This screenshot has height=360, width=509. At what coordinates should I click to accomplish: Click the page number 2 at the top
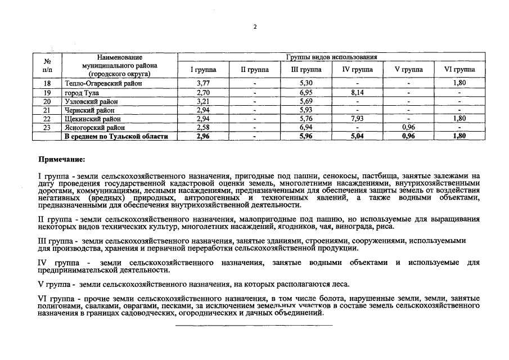click(x=255, y=26)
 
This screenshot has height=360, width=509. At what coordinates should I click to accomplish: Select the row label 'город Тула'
click(x=82, y=92)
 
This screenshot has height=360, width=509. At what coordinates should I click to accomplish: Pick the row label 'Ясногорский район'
click(x=93, y=128)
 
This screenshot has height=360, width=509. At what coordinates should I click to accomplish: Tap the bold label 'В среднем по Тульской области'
click(x=116, y=137)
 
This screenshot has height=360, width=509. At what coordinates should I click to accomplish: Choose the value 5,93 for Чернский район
click(x=306, y=110)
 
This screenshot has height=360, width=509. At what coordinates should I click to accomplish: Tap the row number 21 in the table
click(x=47, y=110)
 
